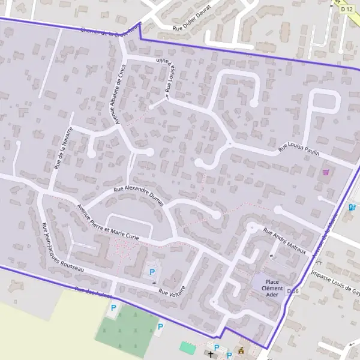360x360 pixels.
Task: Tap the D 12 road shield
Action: point(346,9)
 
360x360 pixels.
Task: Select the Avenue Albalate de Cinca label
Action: point(117,95)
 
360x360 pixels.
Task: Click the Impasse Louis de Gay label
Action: point(335,283)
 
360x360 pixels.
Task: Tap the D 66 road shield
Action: point(293,291)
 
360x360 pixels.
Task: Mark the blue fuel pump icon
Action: point(352,208)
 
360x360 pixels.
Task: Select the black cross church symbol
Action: point(211,355)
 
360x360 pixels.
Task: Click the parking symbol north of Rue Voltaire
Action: point(152,272)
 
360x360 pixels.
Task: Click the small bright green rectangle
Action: point(188,347)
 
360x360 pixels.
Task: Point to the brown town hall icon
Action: point(241,350)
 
